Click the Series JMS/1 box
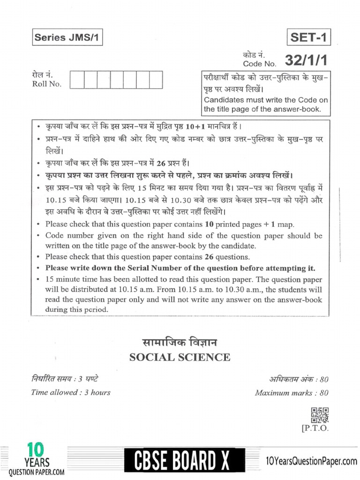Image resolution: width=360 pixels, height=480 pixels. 67,38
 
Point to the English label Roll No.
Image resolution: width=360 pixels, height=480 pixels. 46,84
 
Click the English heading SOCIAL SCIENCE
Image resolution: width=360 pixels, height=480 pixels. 180,358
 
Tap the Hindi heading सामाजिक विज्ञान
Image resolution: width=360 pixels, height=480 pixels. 180,343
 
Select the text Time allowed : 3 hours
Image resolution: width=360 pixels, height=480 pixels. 71,392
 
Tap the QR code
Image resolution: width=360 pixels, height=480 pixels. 320,414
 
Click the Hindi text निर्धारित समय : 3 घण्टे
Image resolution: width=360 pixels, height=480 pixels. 65,379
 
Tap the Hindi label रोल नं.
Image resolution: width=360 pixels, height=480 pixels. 42,75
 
